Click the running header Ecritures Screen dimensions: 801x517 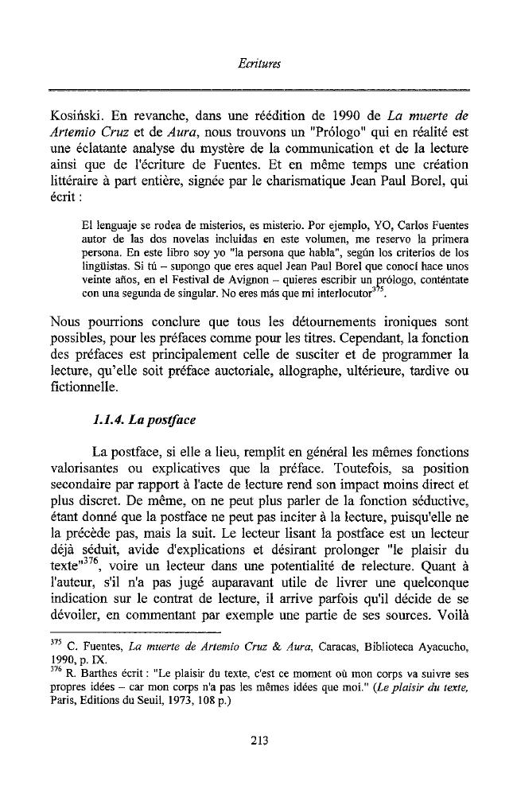(258, 60)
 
